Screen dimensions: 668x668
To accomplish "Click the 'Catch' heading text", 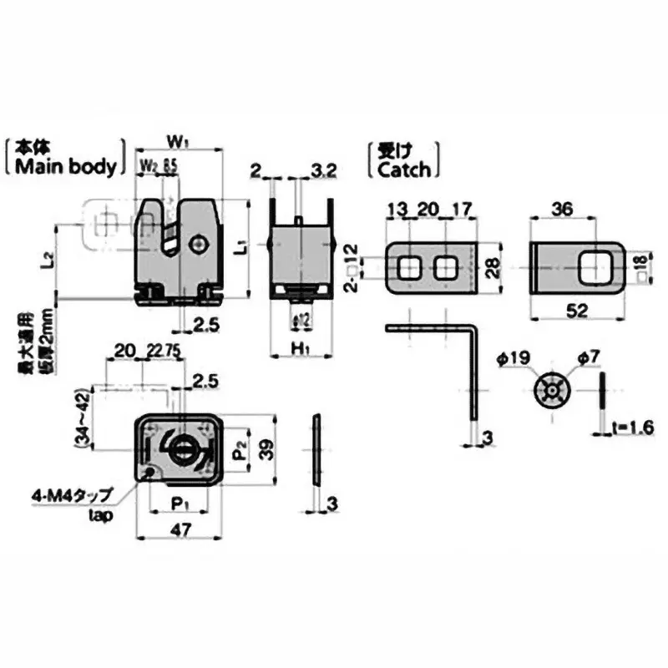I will (x=404, y=170).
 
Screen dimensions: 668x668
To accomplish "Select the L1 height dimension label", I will (x=237, y=247).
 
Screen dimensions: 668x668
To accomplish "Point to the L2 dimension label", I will (x=48, y=261).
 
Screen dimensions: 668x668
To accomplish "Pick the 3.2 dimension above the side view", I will (x=322, y=171).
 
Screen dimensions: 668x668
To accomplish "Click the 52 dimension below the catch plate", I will (x=576, y=311).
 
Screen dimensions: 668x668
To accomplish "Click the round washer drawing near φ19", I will (x=552, y=391).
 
